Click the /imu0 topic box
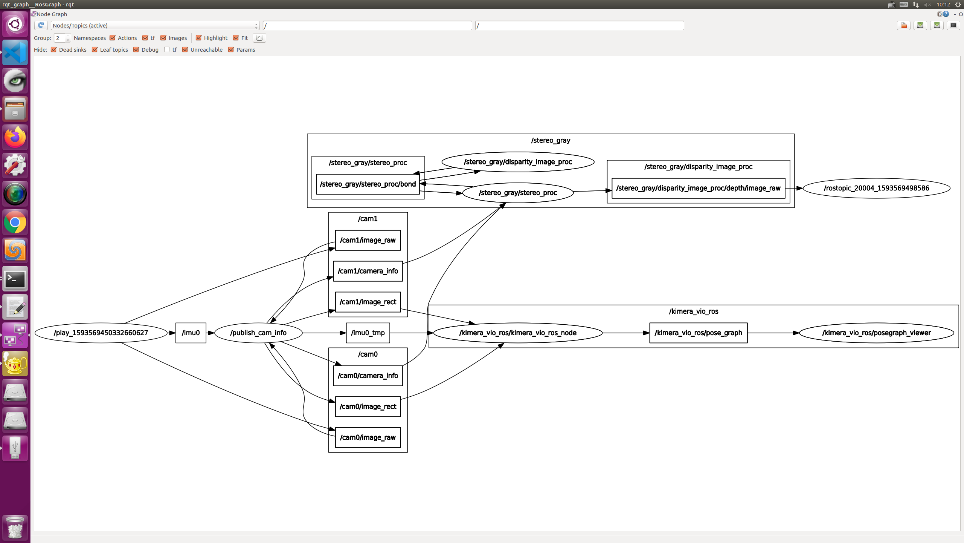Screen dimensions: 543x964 (x=191, y=333)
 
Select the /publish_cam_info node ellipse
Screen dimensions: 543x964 (x=258, y=333)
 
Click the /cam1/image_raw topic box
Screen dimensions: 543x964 (x=368, y=240)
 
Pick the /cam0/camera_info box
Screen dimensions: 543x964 (x=368, y=376)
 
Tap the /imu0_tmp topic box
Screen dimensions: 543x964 (x=368, y=333)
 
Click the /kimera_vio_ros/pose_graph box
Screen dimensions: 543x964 (x=698, y=333)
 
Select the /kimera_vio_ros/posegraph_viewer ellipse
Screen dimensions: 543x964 (x=876, y=333)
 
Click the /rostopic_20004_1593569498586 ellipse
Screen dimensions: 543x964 (x=876, y=188)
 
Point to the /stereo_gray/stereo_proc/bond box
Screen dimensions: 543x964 (x=368, y=184)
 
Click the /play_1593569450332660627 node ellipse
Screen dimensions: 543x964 (x=101, y=333)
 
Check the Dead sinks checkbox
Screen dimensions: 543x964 (x=54, y=50)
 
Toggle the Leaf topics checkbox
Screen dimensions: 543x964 (x=95, y=50)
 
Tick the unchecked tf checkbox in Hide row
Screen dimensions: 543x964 (x=167, y=50)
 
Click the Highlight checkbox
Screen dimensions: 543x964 (x=199, y=38)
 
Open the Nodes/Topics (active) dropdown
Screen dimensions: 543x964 (x=155, y=26)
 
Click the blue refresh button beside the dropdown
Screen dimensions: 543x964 (x=41, y=25)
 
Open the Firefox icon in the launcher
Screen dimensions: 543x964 (x=15, y=137)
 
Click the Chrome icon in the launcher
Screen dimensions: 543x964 (x=15, y=222)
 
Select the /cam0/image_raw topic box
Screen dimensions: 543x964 (x=368, y=437)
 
